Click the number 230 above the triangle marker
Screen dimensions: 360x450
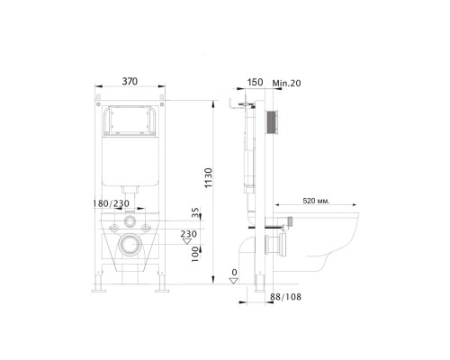(x=189, y=234)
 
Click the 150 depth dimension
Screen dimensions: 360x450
(x=256, y=83)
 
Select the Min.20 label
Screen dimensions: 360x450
(x=286, y=83)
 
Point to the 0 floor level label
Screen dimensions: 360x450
(x=234, y=272)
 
